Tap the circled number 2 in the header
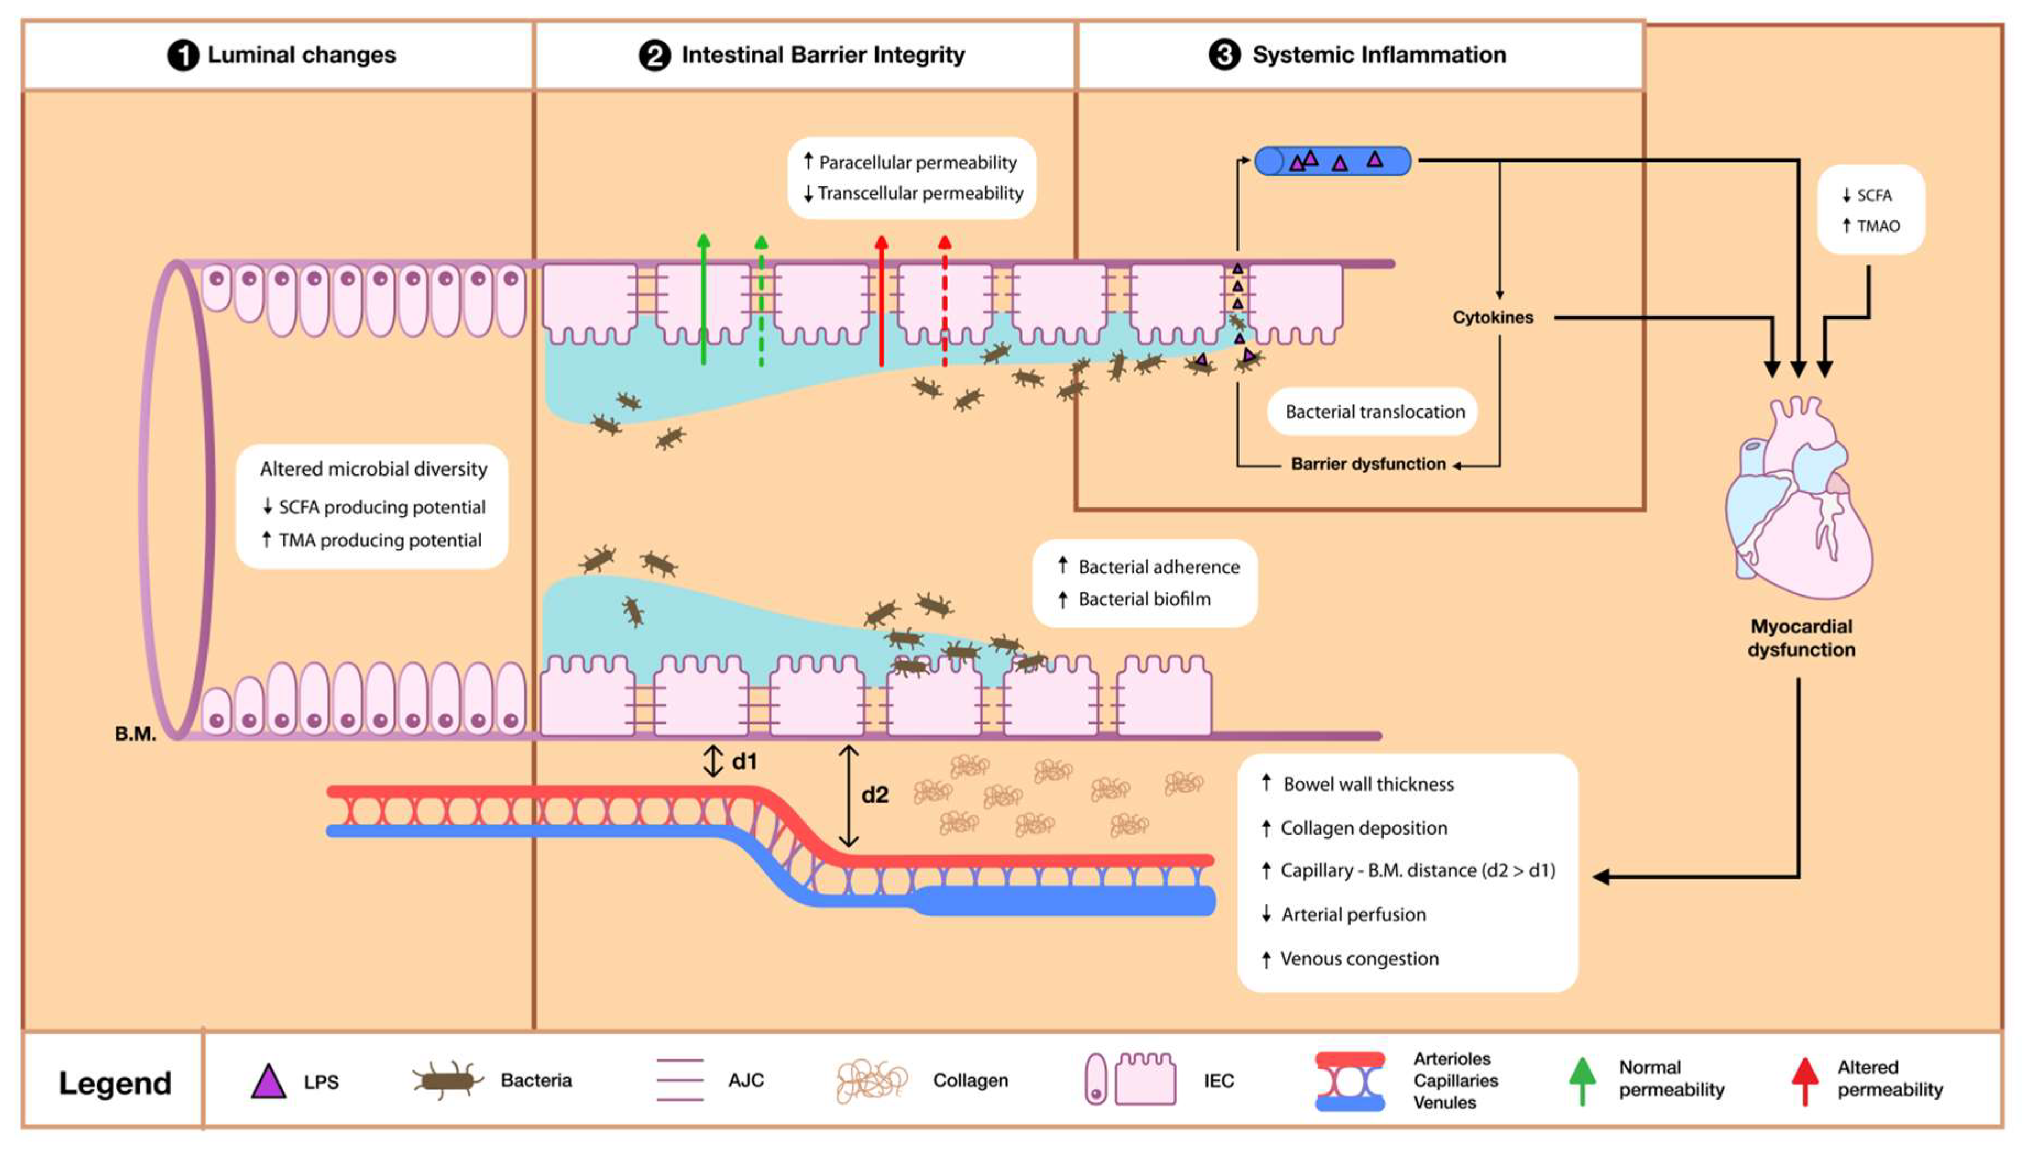[654, 56]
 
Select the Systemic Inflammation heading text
[1378, 54]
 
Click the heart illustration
[1798, 507]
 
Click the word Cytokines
[1492, 317]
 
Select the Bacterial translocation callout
[1374, 411]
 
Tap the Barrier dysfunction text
[1368, 463]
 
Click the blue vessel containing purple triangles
[1332, 161]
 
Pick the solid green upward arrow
[703, 301]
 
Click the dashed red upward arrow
[944, 301]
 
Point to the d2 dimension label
[875, 795]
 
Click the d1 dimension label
[744, 761]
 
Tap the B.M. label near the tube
[135, 734]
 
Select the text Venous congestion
[1358, 958]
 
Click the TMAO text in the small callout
[1878, 226]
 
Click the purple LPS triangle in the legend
[268, 1081]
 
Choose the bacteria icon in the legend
[448, 1080]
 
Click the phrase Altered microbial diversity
[374, 469]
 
